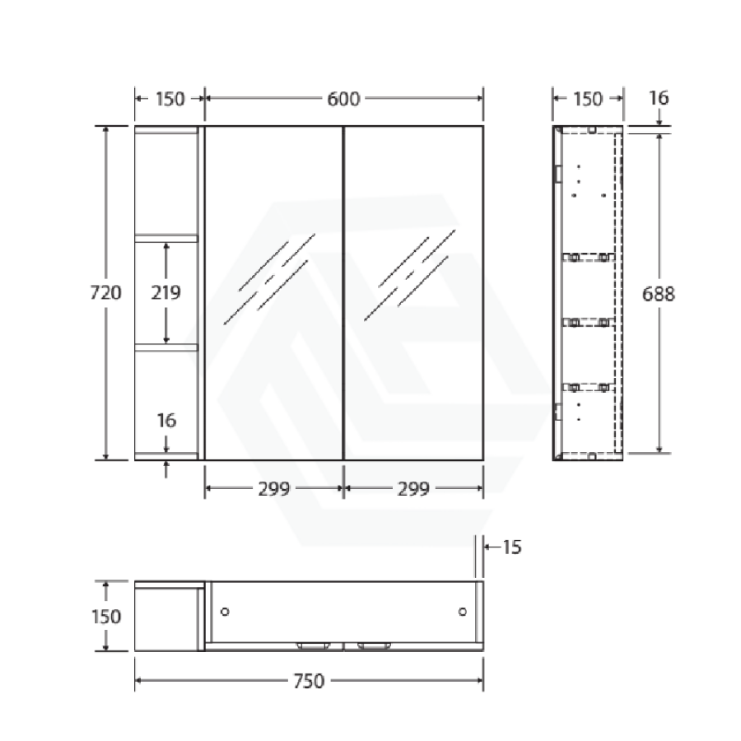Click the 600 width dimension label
click(343, 99)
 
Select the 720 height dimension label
click(106, 292)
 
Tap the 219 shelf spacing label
click(165, 292)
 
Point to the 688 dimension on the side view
click(659, 294)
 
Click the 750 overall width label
click(309, 681)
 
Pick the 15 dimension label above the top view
click(512, 547)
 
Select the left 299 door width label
click(274, 488)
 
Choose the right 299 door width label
click(413, 488)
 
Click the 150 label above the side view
click(588, 99)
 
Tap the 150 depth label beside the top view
click(106, 616)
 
